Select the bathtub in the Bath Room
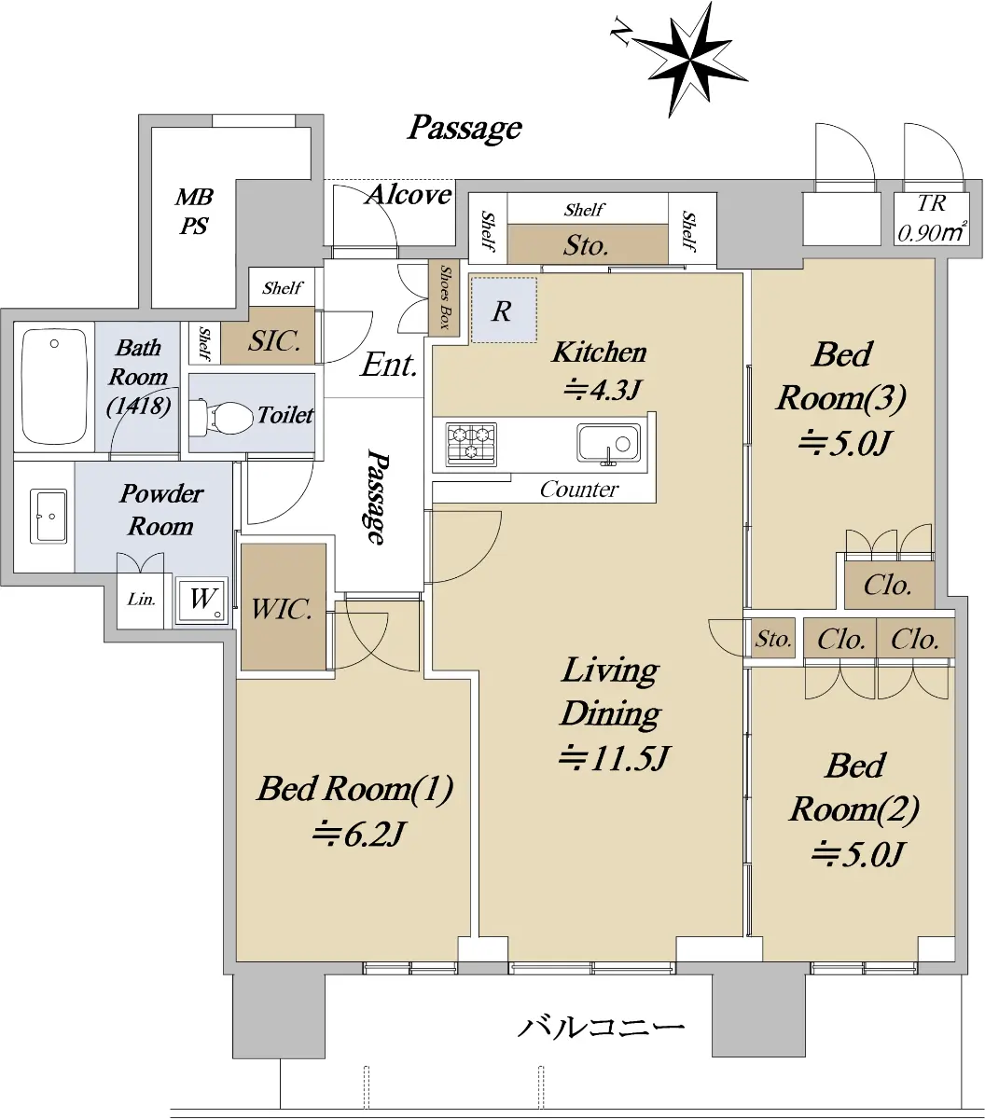[x=54, y=387]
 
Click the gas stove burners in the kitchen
[x=471, y=444]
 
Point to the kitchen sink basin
[x=609, y=443]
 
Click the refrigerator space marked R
[x=504, y=311]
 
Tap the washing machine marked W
[x=201, y=601]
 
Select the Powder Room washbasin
[x=49, y=516]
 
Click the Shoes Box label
[x=445, y=297]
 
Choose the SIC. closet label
[x=274, y=340]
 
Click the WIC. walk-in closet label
[x=282, y=609]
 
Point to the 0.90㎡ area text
[x=932, y=232]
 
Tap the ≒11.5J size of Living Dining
[x=613, y=758]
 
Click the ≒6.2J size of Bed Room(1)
[x=359, y=835]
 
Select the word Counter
[x=579, y=490]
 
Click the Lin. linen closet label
[x=142, y=599]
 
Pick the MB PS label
[x=194, y=212]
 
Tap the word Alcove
[x=409, y=194]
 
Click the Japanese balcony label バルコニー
[x=601, y=1027]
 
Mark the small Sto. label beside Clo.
[x=773, y=639]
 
